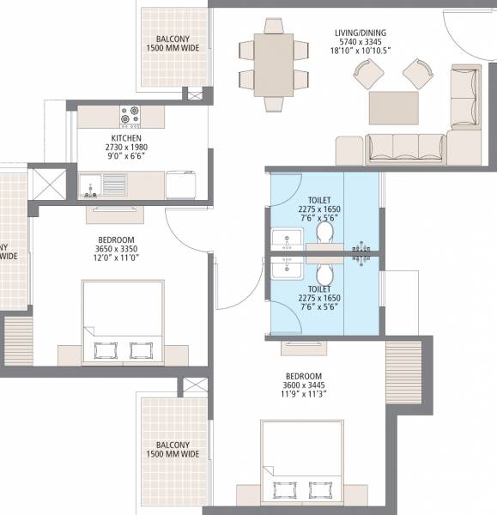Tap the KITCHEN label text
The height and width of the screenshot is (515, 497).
[125, 137]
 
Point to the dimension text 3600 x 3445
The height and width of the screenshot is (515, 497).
[304, 387]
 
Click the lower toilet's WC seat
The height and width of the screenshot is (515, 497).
[324, 275]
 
